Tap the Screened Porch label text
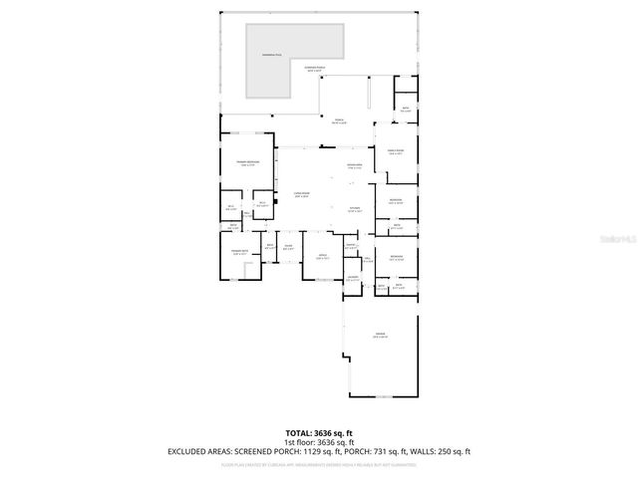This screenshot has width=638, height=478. click(314, 70)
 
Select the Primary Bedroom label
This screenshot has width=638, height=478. click(248, 162)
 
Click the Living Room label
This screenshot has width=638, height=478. click(301, 195)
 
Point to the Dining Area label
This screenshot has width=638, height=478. click(354, 165)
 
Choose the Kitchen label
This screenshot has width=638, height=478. click(354, 209)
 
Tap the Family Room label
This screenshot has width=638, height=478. click(395, 152)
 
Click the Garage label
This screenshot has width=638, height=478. click(380, 335)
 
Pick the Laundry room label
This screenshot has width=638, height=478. click(353, 279)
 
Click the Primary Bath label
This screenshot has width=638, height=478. click(239, 252)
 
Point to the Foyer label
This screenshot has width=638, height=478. click(287, 246)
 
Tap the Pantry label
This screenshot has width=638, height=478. click(351, 245)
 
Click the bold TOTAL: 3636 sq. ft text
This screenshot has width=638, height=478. click(319, 433)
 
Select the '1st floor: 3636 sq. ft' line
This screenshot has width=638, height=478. click(319, 442)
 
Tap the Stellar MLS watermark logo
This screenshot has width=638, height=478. click(614, 239)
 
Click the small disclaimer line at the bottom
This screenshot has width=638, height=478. click(319, 464)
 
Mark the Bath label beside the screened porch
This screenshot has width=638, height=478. click(406, 110)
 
